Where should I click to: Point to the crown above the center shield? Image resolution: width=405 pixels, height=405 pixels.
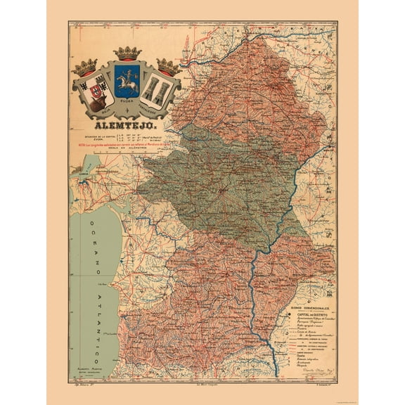(x=127, y=53)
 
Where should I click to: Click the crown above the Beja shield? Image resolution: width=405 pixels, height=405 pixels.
(x=86, y=67)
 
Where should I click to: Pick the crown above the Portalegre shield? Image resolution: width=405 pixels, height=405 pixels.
(x=167, y=66)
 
